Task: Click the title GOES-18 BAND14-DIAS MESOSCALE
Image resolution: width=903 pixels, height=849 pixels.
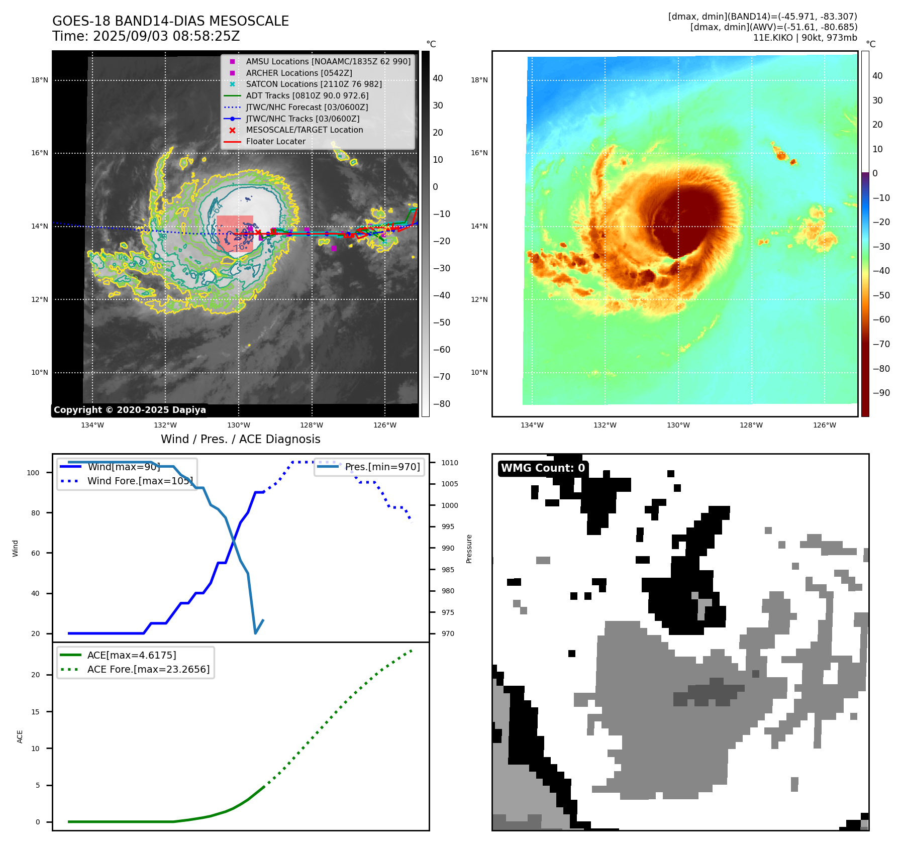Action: click(x=170, y=21)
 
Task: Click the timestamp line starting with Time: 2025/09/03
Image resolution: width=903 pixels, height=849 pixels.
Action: click(x=146, y=36)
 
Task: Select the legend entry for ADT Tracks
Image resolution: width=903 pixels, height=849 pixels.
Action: click(x=307, y=95)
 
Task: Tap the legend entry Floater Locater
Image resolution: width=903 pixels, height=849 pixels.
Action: click(x=275, y=141)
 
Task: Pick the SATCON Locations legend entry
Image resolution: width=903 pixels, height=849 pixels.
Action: click(x=314, y=84)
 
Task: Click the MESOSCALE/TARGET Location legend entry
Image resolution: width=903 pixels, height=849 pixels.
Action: click(x=304, y=130)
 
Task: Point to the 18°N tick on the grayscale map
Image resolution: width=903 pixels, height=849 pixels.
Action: click(x=40, y=80)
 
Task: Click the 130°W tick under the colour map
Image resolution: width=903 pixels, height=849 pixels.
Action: click(x=678, y=425)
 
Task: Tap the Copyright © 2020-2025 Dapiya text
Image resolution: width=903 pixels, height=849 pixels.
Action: click(x=130, y=410)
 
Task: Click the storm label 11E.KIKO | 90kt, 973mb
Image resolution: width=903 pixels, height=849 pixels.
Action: click(x=805, y=38)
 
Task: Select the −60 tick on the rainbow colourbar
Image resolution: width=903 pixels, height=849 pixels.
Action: click(x=881, y=320)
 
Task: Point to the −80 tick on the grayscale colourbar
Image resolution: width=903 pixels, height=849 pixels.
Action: click(x=442, y=404)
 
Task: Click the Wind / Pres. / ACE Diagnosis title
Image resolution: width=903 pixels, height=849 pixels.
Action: click(x=240, y=439)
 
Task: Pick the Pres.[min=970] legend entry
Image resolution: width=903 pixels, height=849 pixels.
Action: click(x=382, y=467)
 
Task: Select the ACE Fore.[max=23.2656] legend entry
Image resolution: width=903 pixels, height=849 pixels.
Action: click(x=148, y=669)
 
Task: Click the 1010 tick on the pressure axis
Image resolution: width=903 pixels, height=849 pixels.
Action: click(x=450, y=463)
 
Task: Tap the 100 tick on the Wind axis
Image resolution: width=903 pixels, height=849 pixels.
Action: click(x=33, y=473)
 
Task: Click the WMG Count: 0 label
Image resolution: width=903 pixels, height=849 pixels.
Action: click(x=543, y=468)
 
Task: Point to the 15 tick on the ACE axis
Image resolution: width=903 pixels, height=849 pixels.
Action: click(x=35, y=712)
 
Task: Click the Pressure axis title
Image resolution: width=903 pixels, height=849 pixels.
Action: click(x=469, y=549)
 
